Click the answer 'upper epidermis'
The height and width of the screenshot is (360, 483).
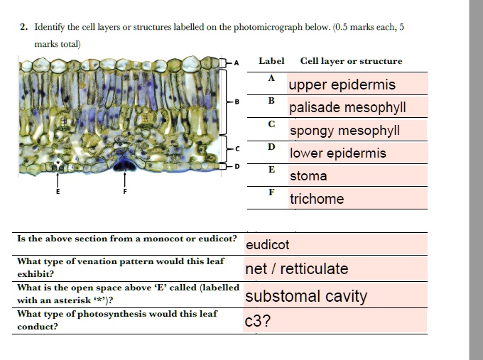[342, 85]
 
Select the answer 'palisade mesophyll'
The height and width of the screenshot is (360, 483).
[347, 108]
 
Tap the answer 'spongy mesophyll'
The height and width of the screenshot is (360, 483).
[344, 131]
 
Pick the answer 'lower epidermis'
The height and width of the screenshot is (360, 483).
[337, 153]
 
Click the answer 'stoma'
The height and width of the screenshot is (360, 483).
[308, 176]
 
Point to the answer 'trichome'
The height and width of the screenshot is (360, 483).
[316, 199]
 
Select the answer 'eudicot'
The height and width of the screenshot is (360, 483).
[267, 245]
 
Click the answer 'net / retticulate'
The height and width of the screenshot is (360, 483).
[296, 269]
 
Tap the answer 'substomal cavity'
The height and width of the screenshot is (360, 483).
[306, 296]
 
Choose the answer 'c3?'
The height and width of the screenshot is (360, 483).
[257, 321]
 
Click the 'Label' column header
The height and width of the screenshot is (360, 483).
[271, 61]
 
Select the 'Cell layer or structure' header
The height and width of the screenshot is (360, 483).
[351, 61]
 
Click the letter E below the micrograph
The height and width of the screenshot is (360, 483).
[58, 192]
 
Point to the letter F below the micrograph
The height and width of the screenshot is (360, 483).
[124, 192]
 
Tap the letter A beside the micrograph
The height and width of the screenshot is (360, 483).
[237, 62]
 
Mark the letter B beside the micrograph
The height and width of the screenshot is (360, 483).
[237, 102]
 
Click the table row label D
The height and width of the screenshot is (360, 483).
[271, 147]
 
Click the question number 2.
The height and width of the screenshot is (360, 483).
[23, 27]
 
